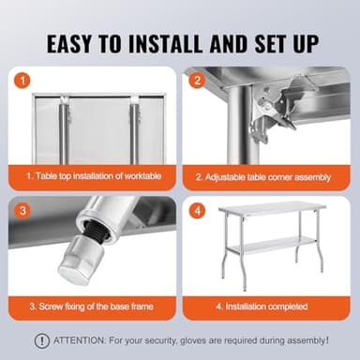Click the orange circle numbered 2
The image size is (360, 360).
click(198, 80)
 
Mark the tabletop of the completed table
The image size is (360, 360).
click(273, 208)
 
